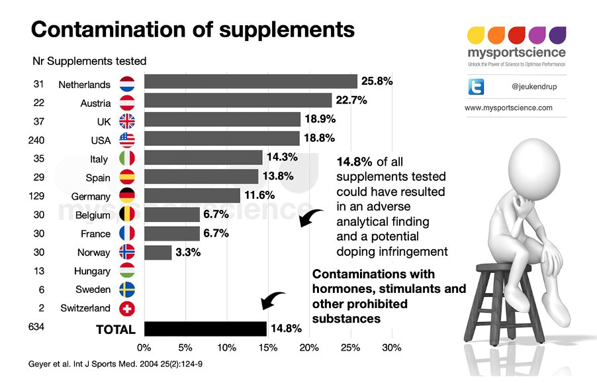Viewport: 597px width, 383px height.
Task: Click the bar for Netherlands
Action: [250, 82]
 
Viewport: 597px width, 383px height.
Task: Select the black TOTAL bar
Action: [205, 329]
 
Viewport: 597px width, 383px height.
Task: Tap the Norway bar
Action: [158, 252]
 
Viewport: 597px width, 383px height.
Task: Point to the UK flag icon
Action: [127, 121]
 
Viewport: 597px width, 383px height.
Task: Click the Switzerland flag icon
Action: [127, 308]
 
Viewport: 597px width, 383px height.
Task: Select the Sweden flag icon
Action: [127, 290]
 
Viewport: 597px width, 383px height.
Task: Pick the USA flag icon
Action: [127, 139]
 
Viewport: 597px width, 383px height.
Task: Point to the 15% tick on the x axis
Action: [268, 347]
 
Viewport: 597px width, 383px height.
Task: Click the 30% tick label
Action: [392, 347]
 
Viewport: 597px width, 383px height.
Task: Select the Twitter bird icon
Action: [477, 87]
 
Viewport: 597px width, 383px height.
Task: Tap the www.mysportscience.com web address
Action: [508, 107]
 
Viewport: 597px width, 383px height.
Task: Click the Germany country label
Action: [91, 197]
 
